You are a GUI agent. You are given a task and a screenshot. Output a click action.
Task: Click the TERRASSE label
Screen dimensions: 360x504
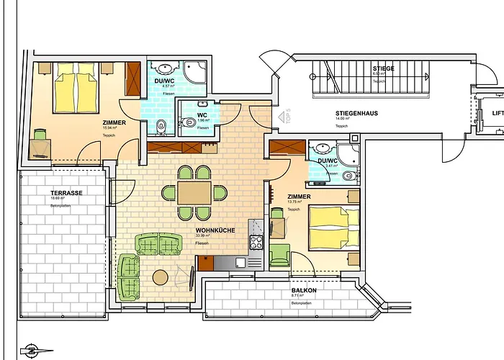(x=66, y=193)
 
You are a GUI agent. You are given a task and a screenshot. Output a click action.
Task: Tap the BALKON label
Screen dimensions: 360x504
(x=305, y=289)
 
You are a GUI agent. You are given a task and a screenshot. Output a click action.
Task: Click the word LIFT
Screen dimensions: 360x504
(x=497, y=113)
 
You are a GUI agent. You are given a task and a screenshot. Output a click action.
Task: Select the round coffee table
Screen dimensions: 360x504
(x=161, y=276)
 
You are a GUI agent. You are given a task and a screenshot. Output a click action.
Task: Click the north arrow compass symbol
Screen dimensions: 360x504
(x=32, y=351)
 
